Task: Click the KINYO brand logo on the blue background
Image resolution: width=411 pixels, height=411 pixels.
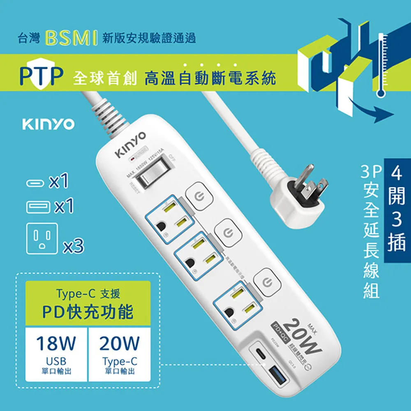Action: click(x=48, y=124)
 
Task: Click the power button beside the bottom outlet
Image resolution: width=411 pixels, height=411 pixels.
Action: click(x=267, y=282)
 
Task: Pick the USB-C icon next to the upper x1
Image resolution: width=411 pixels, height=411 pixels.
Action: click(x=34, y=182)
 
